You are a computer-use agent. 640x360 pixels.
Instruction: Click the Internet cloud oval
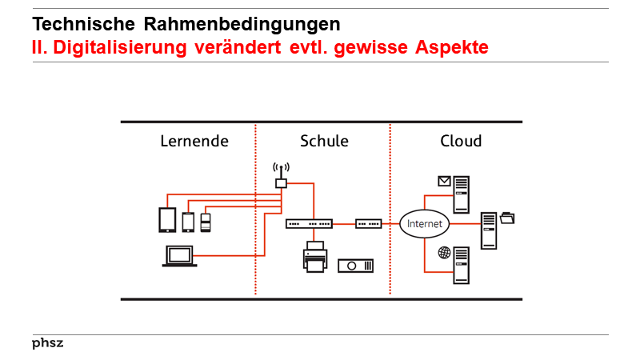click(x=424, y=224)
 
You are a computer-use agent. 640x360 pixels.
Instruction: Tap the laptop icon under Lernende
click(x=180, y=256)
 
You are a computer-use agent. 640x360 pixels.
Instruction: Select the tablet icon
click(x=167, y=219)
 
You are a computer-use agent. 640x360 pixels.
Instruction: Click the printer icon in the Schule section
click(x=314, y=257)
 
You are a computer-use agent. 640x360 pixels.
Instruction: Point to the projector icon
click(x=355, y=266)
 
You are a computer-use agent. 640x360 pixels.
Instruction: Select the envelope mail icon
click(x=444, y=181)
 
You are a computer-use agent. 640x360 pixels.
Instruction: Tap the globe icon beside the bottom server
click(x=444, y=253)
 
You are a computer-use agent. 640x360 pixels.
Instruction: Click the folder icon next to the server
click(x=507, y=217)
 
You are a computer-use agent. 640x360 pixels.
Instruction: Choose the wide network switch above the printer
click(x=309, y=224)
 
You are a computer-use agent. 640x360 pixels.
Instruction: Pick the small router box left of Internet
click(x=369, y=224)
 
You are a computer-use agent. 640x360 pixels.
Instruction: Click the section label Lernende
click(x=194, y=142)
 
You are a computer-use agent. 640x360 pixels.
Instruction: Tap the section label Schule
click(x=324, y=142)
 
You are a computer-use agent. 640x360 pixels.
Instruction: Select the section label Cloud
click(x=461, y=142)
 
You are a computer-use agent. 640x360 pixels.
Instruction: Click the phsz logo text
click(x=47, y=343)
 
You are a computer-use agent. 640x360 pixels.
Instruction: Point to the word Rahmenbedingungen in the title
click(x=233, y=25)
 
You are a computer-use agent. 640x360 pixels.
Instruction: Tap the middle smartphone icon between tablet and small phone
click(x=189, y=221)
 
